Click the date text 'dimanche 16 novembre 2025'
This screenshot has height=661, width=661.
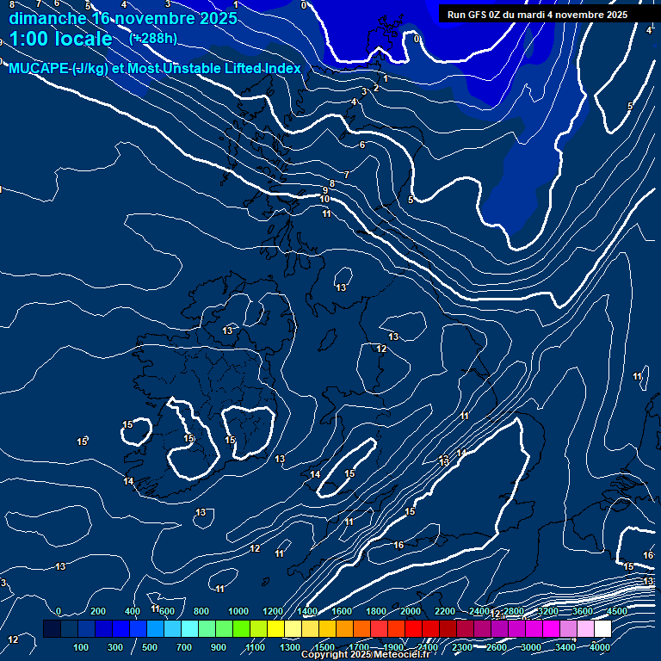123,18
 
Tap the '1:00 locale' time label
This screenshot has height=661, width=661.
60,39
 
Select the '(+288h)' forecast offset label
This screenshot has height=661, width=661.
153,38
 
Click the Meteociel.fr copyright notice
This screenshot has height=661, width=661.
365,655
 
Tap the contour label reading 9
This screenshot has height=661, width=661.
325,190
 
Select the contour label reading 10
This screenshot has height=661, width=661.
324,200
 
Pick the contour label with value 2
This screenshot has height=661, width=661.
376,88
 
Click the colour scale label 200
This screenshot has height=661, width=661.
98,611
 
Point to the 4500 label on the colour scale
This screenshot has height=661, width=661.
617,611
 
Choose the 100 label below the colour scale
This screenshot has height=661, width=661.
82,647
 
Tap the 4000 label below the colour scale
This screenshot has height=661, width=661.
600,647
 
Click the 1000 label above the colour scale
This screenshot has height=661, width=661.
238,611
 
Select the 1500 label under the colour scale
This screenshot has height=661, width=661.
324,647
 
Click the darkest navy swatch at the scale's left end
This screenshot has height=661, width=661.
52,629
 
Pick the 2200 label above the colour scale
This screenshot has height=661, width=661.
445,611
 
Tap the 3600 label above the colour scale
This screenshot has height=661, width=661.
583,611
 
